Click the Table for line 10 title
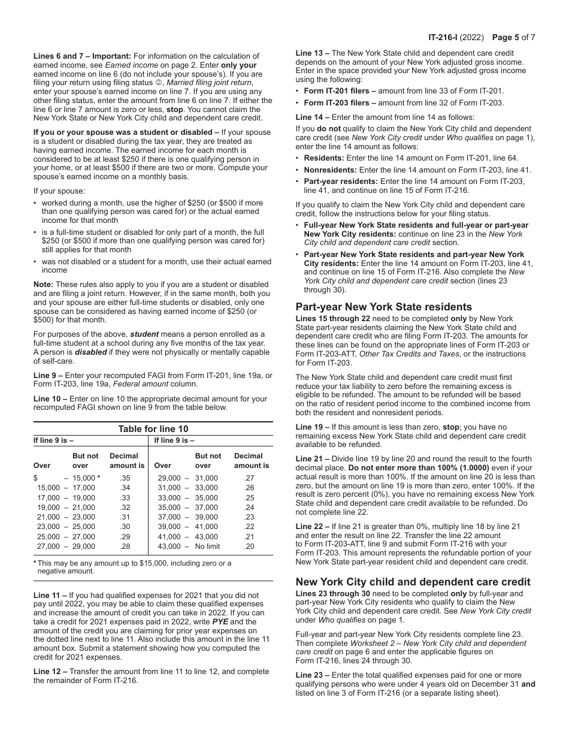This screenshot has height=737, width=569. point(153,428)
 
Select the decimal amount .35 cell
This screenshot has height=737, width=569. point(125,478)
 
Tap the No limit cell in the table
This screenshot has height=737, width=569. point(207,546)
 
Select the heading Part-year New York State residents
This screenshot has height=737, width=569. point(383,307)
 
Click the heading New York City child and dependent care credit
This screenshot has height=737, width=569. point(413,582)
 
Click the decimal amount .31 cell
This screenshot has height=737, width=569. point(125,517)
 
